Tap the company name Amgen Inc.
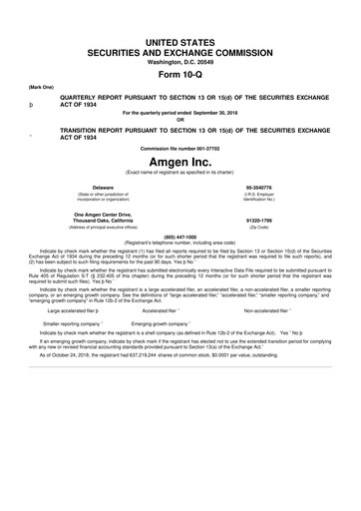180,161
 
